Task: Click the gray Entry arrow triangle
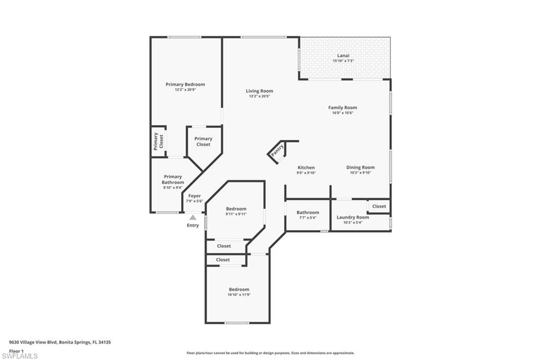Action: point(193,217)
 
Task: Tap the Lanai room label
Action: point(343,55)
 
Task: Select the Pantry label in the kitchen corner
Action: point(277,150)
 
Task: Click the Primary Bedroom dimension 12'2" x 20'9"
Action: point(185,90)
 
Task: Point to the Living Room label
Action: point(259,91)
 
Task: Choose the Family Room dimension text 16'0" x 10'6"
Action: point(342,113)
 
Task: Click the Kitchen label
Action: point(306,167)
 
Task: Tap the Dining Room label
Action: point(360,167)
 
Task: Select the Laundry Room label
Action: point(353,217)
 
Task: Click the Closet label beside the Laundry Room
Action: point(379,206)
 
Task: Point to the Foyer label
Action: point(194,196)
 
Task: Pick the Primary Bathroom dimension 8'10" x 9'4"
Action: point(173,187)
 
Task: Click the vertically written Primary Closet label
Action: point(158,141)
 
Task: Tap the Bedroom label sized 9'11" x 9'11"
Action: point(236,209)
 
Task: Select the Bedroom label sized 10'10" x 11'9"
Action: point(239,289)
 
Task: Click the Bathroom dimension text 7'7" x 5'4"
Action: point(308,218)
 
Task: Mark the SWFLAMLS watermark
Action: point(20,356)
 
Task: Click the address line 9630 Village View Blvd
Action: point(60,343)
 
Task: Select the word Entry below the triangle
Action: point(193,225)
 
